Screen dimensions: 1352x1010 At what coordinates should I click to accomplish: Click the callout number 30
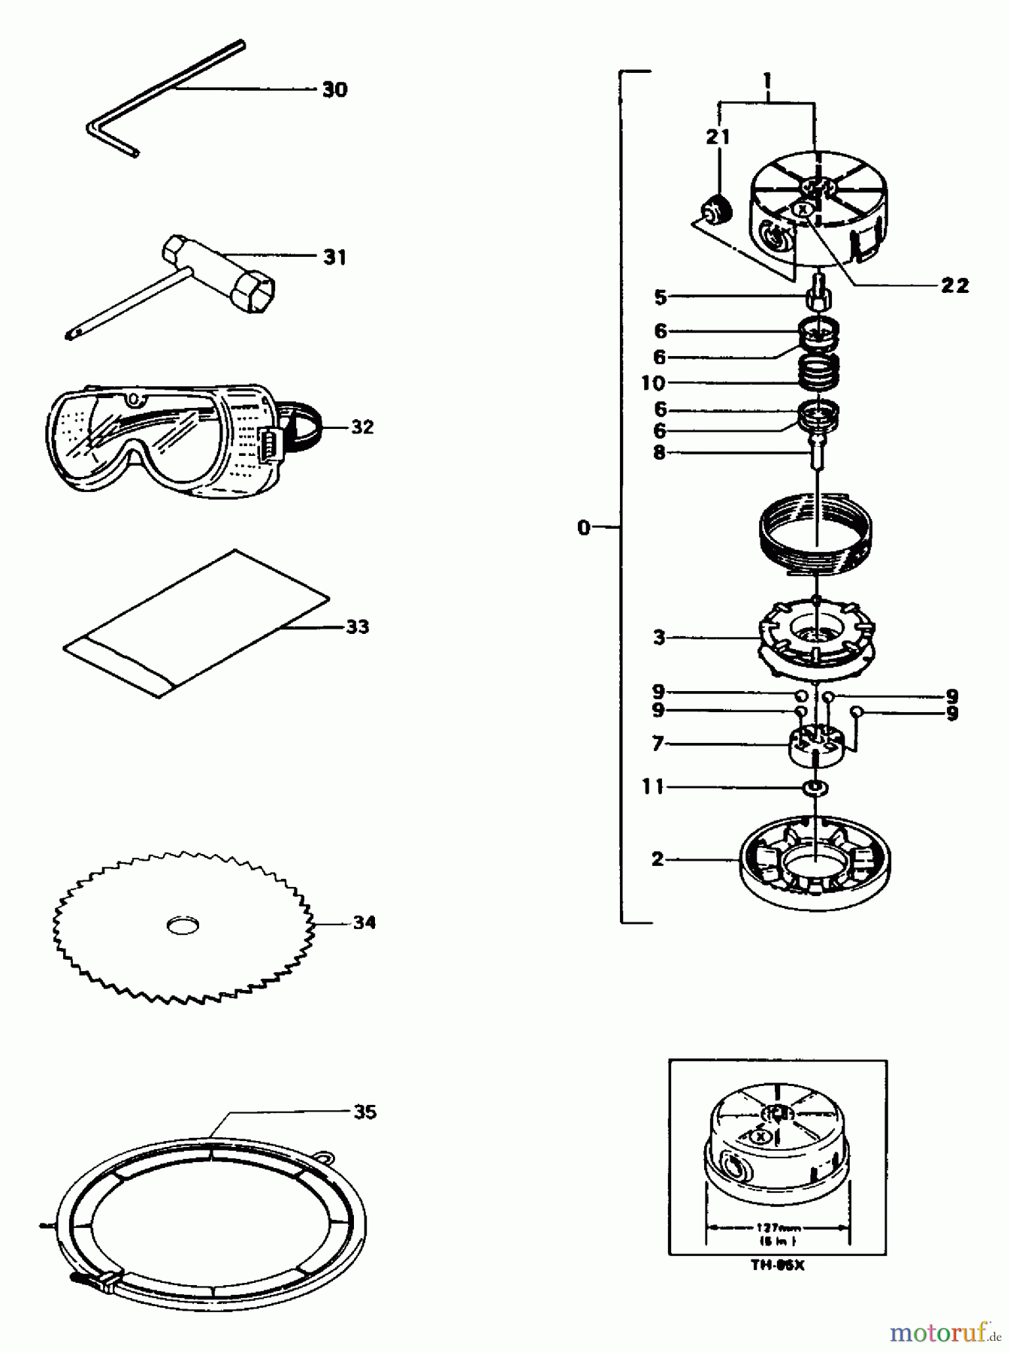click(x=334, y=89)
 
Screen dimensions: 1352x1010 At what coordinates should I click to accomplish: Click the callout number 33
click(x=358, y=626)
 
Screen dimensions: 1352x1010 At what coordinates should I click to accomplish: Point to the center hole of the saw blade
click(x=183, y=925)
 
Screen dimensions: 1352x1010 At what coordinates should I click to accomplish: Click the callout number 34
click(x=364, y=922)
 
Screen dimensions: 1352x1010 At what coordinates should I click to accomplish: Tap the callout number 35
click(x=364, y=1112)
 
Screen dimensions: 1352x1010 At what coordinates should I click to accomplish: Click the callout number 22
click(x=954, y=285)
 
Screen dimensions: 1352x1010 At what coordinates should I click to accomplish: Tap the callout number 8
click(x=659, y=453)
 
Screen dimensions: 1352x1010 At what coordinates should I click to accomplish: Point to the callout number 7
click(x=658, y=744)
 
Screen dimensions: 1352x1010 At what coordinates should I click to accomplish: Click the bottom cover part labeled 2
click(x=815, y=864)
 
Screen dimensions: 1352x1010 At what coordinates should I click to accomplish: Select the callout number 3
click(x=659, y=638)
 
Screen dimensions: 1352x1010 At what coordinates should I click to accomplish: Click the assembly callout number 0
click(x=584, y=528)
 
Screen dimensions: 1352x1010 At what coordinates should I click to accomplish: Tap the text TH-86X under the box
click(x=777, y=1265)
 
